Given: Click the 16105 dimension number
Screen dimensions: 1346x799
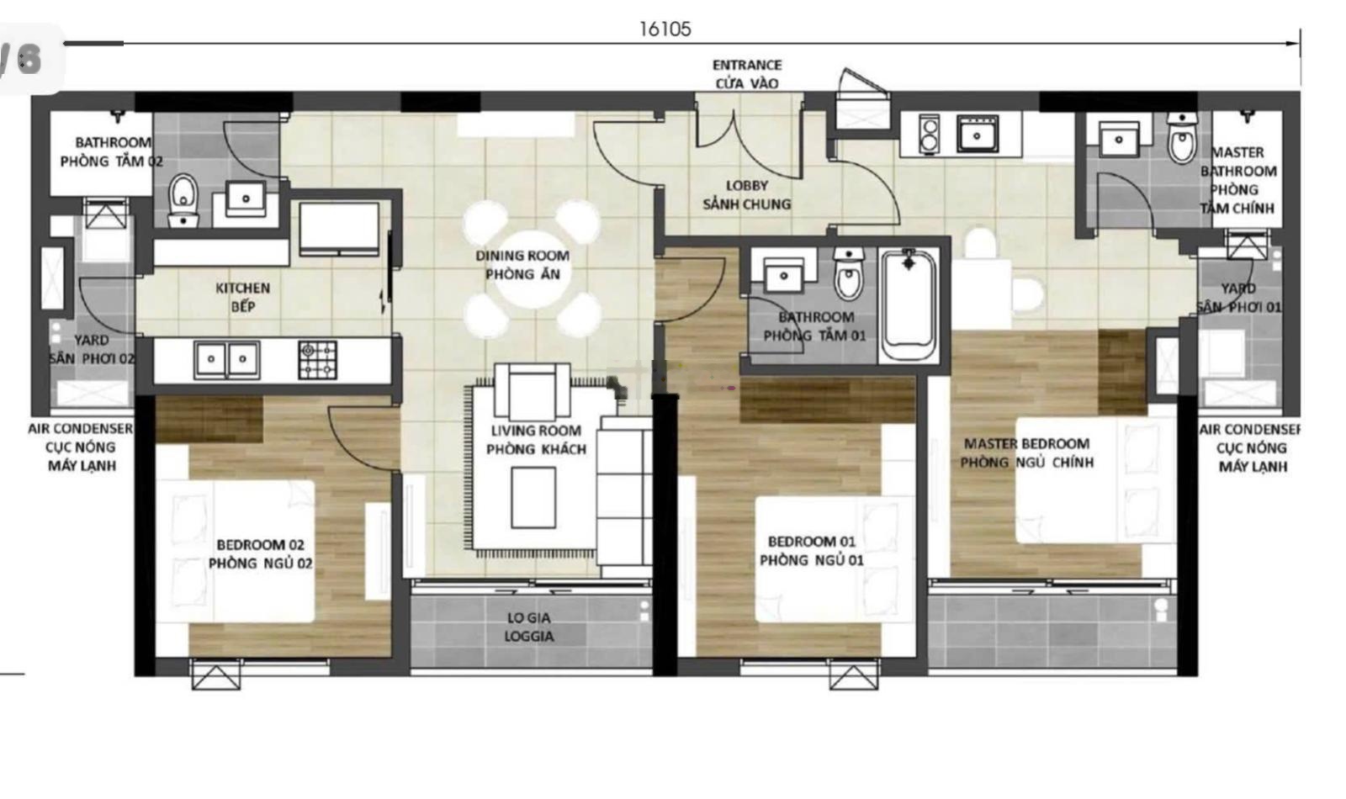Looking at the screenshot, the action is pos(665,29).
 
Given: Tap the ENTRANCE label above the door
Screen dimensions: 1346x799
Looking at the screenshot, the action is pos(747,65).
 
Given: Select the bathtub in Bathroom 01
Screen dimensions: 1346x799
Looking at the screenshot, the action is pos(908,304).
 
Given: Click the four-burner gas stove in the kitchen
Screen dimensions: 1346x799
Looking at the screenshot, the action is pos(317,359).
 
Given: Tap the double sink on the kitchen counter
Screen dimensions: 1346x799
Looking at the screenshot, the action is pos(226,359).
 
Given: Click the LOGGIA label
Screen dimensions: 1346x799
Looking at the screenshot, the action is pos(529,636).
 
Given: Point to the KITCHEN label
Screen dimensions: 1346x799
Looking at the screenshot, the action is pos(243,288).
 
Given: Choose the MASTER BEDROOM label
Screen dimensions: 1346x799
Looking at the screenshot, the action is pos(1026,443).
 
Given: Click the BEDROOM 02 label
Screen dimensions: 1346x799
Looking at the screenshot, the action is pos(260,544).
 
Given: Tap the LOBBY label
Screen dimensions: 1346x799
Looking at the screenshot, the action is pos(747,185).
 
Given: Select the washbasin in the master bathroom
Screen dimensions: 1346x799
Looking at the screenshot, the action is pos(1119,140).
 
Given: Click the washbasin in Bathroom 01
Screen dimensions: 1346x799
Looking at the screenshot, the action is pos(783,275).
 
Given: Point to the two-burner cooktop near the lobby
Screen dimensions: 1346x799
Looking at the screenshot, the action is pos(929,135).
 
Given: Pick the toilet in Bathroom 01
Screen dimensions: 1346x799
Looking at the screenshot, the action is pos(848,273).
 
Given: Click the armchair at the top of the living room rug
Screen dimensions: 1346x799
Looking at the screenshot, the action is pos(533,391).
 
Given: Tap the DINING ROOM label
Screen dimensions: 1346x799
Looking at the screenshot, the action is pos(522,256).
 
